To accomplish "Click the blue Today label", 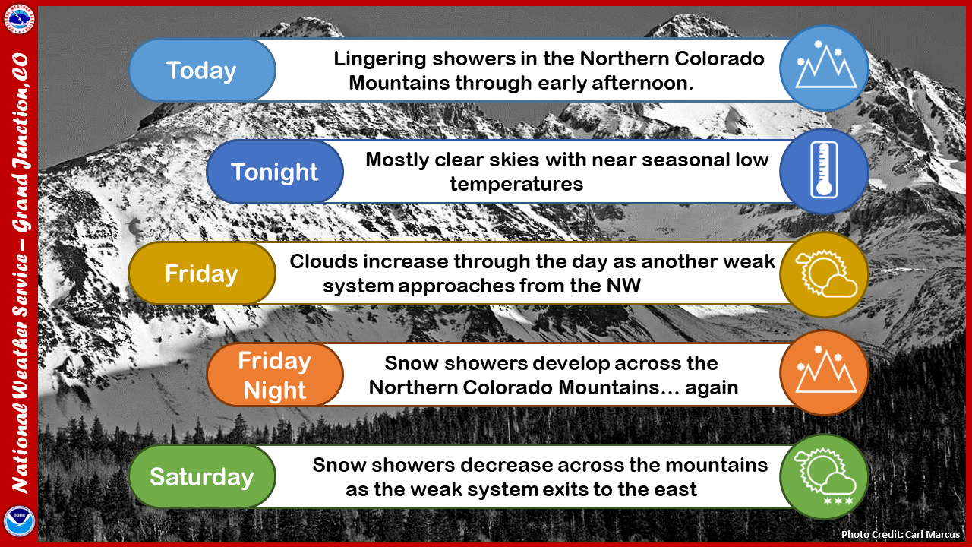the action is (202, 70).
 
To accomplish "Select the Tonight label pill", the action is (275, 172).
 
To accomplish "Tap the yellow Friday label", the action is (202, 273).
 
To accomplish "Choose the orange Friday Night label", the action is (275, 375).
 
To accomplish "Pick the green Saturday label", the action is (202, 476).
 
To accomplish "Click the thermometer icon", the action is (824, 169).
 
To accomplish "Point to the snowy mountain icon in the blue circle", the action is (825, 65).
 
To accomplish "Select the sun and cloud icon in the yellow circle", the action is (826, 273).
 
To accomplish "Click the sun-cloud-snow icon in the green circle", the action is (825, 476).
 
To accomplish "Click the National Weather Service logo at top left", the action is (19, 19).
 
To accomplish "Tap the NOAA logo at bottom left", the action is (19, 521).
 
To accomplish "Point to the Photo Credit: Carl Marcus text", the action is (901, 534).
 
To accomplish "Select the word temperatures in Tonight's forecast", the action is (516, 184).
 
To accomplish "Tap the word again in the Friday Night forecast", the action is (712, 388).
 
